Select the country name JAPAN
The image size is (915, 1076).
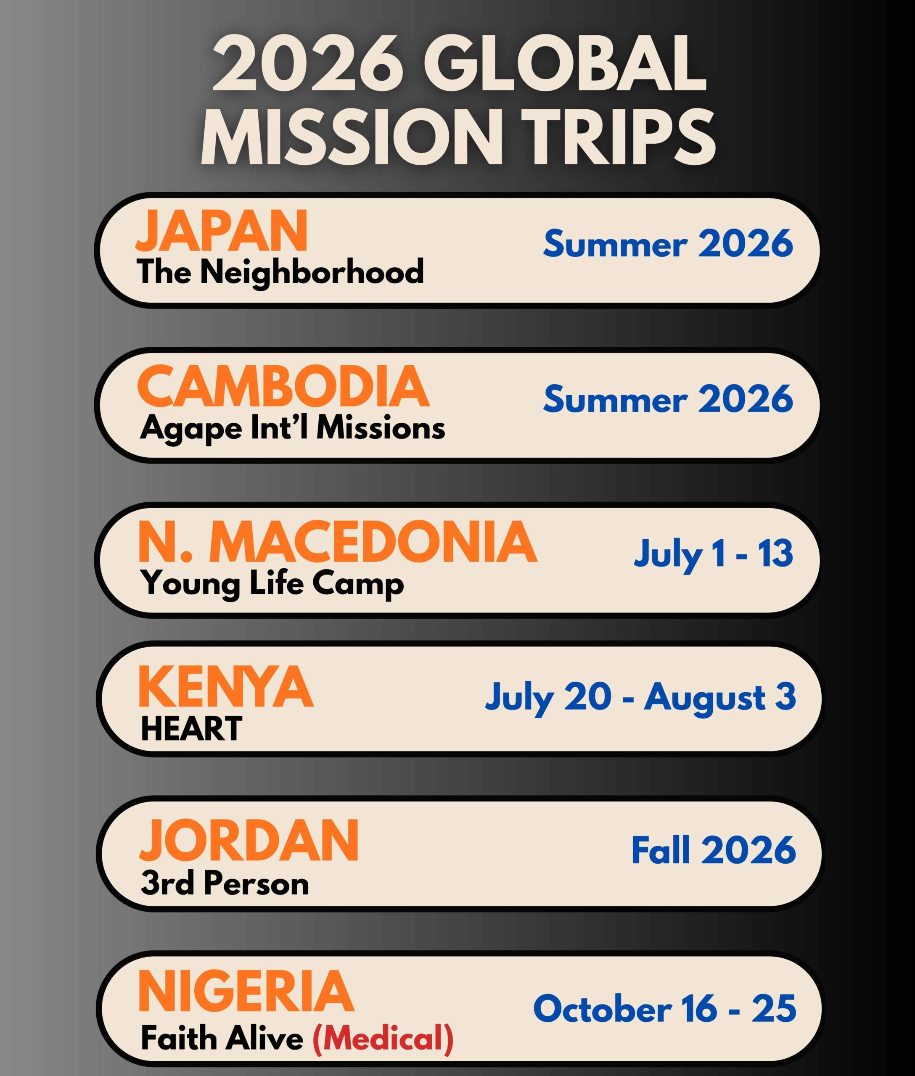click(x=222, y=231)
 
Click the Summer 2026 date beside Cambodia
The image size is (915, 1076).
click(x=668, y=399)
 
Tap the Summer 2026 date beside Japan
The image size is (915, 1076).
click(x=668, y=243)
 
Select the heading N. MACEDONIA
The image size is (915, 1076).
click(x=337, y=542)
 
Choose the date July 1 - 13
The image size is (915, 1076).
click(x=713, y=554)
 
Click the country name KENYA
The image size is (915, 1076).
click(x=226, y=686)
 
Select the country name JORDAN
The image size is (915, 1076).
click(x=249, y=841)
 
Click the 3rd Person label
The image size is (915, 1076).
click(x=225, y=883)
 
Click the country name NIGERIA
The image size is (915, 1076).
click(x=246, y=992)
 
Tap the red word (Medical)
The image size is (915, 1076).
click(x=383, y=1039)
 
